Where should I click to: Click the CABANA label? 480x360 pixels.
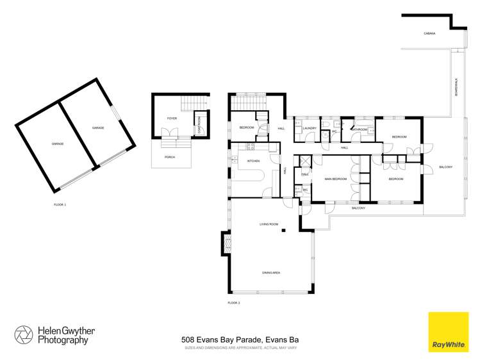click(429, 33)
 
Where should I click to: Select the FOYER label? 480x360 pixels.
click(172, 119)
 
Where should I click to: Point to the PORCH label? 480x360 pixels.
click(170, 157)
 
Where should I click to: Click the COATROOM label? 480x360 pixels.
click(199, 121)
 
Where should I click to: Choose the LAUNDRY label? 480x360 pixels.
click(310, 128)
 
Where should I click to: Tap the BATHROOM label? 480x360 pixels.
click(360, 130)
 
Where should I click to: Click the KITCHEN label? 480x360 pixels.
click(254, 161)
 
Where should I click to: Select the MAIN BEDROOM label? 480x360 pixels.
click(335, 179)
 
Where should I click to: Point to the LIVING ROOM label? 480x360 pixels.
click(269, 224)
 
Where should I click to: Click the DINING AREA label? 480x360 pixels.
click(271, 273)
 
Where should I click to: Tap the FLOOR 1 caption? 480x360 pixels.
click(60, 204)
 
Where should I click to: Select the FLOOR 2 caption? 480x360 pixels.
click(233, 302)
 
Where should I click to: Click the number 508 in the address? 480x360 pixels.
click(188, 340)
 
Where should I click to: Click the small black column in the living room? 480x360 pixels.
click(283, 231)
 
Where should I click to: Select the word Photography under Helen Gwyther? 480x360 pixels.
click(62, 341)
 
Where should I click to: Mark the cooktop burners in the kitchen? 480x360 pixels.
click(242, 147)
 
